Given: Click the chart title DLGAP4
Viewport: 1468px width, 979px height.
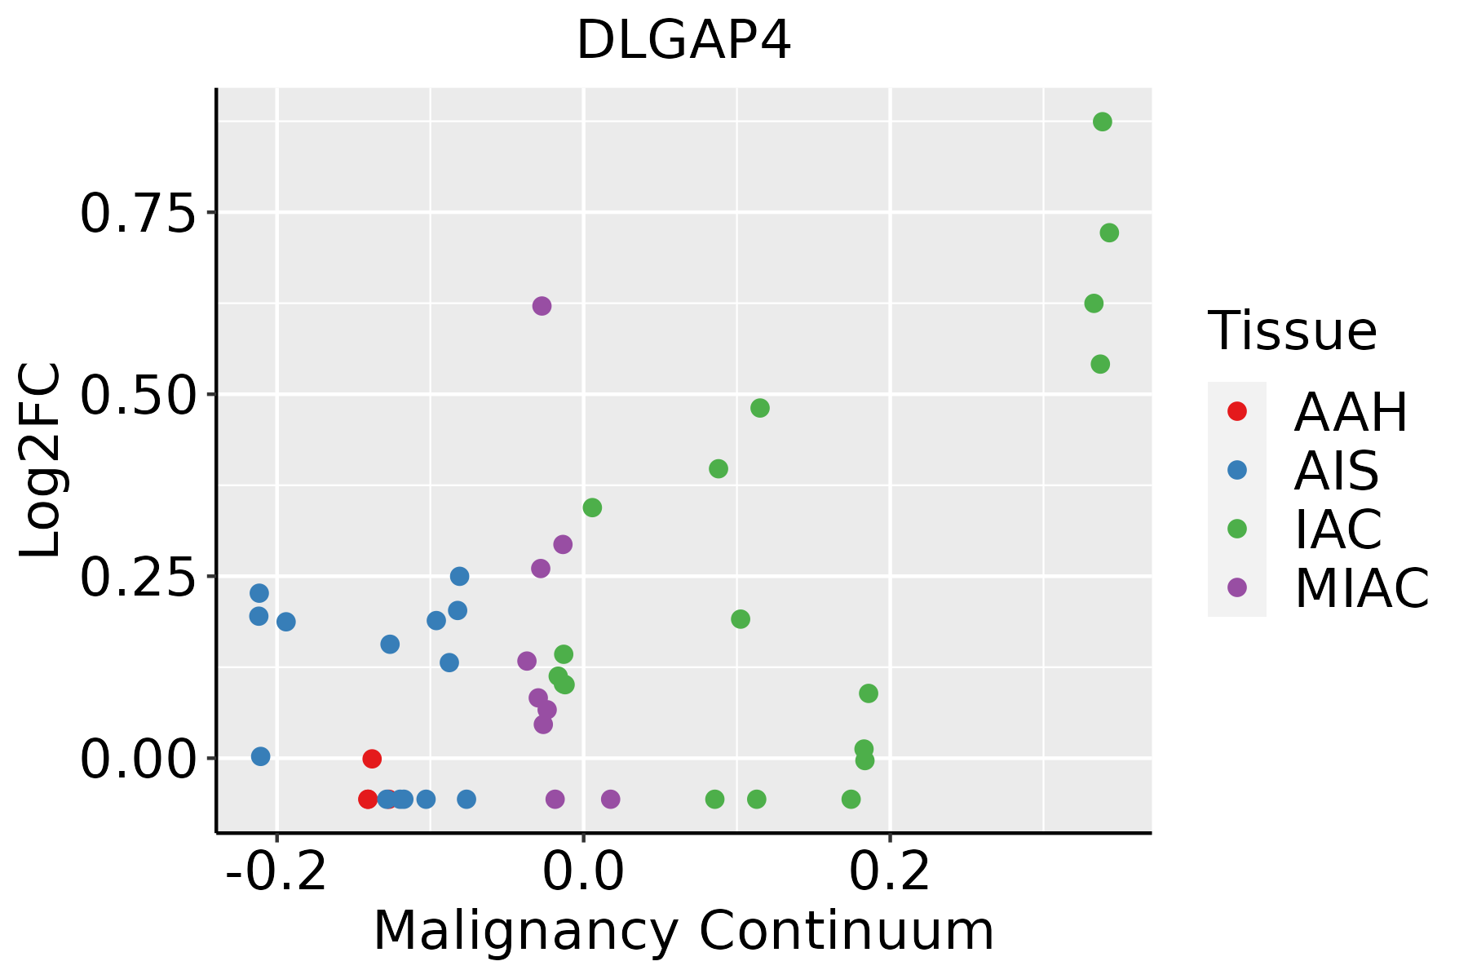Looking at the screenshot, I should (683, 41).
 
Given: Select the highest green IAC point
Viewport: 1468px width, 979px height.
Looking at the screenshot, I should (1102, 122).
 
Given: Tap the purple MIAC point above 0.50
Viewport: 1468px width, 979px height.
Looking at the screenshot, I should (542, 306).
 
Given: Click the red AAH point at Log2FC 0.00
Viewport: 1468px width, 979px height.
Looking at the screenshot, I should (372, 759).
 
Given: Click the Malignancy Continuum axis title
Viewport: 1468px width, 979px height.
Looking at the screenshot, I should (683, 930).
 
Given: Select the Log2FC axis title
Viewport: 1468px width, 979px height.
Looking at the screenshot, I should (41, 461).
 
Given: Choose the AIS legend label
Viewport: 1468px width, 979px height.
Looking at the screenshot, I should (1336, 471).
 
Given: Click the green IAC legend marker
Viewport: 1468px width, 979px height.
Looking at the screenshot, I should (1237, 529).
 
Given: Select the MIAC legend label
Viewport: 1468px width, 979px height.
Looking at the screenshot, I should (1361, 587).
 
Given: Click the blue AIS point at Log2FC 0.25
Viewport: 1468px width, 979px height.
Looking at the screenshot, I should (459, 577).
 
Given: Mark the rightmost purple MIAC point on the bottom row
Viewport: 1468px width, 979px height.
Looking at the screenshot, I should (610, 799).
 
